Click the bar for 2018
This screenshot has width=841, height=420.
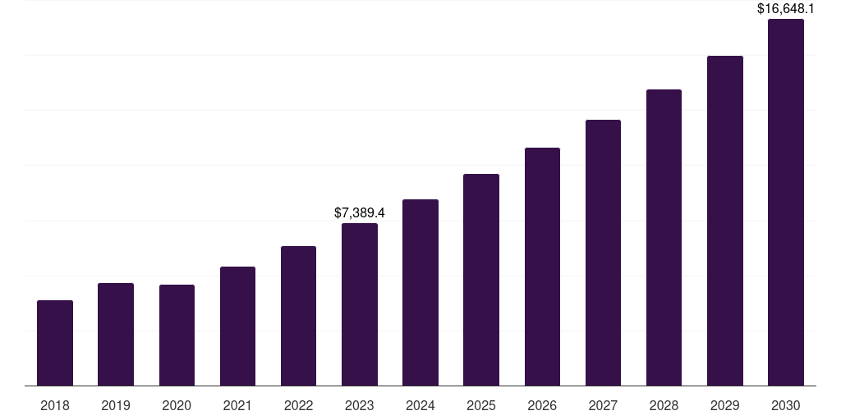[x=55, y=343]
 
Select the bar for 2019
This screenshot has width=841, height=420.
[x=116, y=334]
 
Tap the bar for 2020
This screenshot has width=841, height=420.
[x=177, y=335]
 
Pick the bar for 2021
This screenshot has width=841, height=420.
[x=237, y=326]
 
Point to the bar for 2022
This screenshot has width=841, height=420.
[x=298, y=316]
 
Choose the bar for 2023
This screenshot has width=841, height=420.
[x=360, y=304]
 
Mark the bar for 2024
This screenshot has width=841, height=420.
[x=420, y=292]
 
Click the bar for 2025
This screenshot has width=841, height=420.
[x=481, y=280]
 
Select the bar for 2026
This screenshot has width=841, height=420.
[x=542, y=267]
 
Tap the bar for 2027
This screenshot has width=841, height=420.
[x=603, y=253]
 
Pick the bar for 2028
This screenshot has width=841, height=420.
[x=664, y=237]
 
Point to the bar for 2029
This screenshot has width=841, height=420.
[x=725, y=221]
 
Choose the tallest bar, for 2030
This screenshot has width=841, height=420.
[x=786, y=202]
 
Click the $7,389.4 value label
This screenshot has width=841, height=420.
[x=360, y=212]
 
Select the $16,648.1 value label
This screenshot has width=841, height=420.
[x=786, y=9]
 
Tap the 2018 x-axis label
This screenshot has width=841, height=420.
[x=55, y=405]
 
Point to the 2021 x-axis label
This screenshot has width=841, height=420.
[x=237, y=405]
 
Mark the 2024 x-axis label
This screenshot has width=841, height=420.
[x=420, y=405]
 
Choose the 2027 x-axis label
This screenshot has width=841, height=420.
[x=603, y=405]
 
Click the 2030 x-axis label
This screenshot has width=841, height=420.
[x=786, y=405]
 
